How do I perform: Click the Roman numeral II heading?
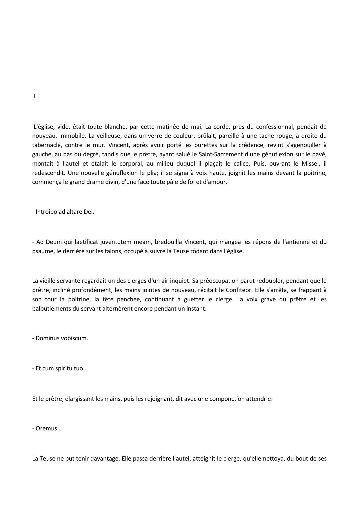34,97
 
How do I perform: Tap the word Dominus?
47,338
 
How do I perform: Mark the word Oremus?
47,429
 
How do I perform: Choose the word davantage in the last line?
104,459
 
